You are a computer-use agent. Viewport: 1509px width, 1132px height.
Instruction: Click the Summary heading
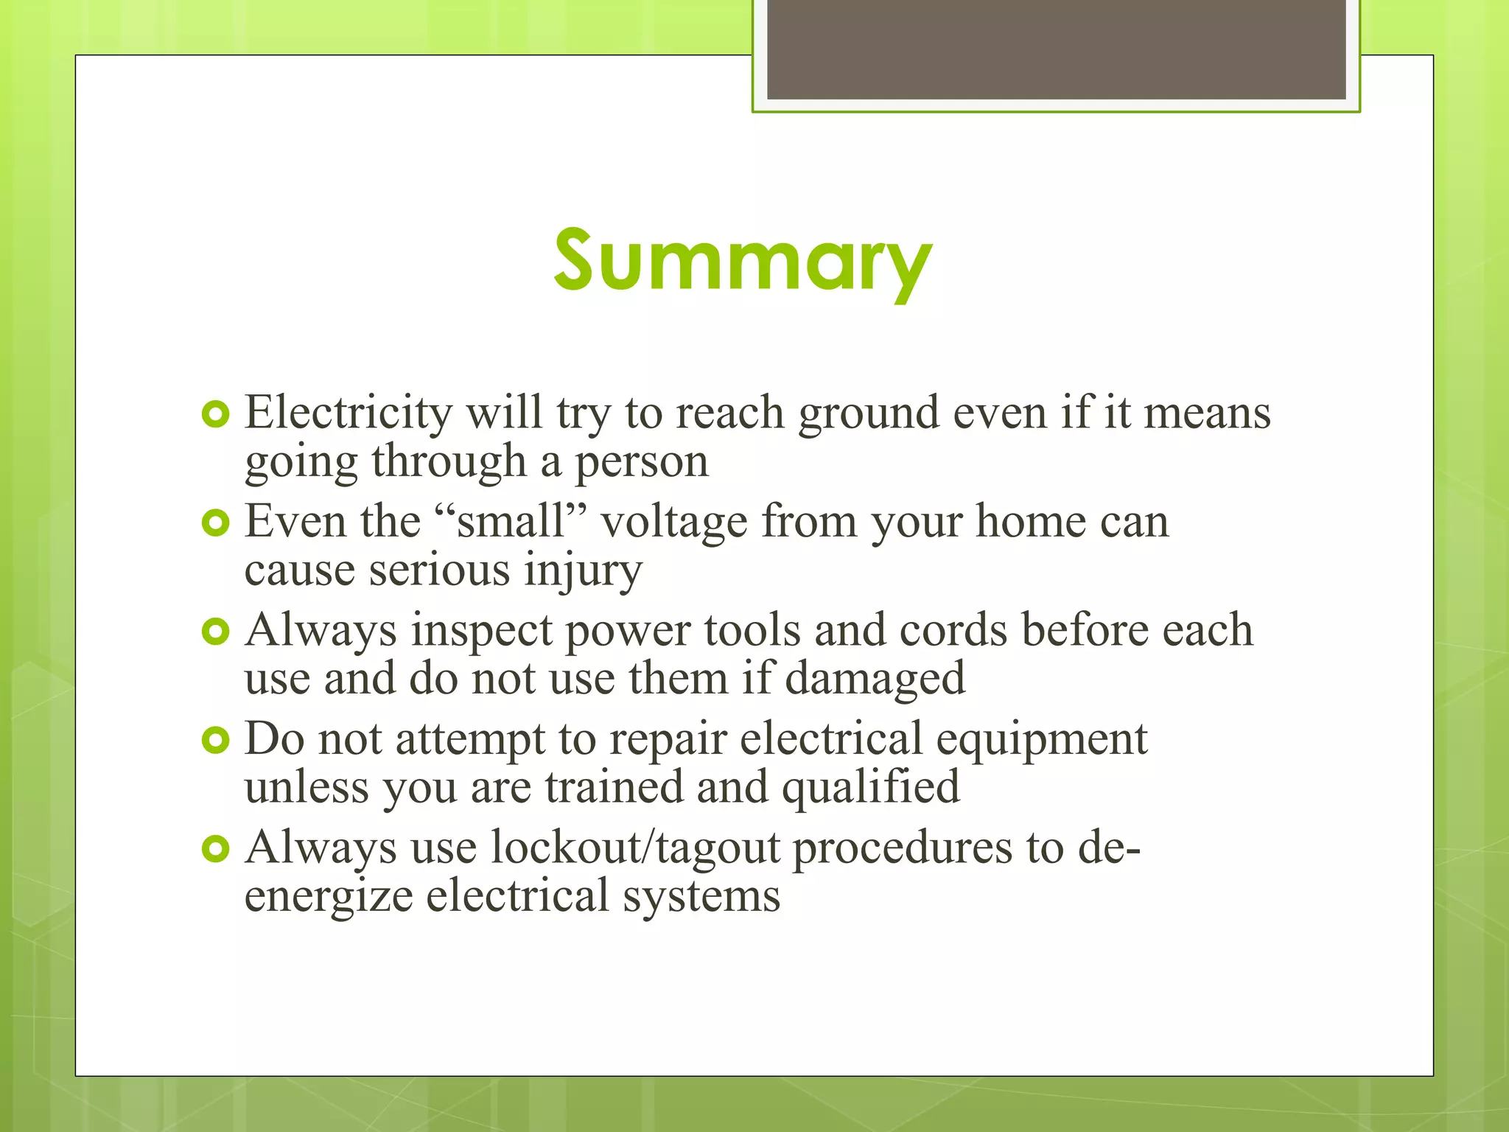(743, 262)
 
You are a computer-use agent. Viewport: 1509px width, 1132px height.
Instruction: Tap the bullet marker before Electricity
(215, 415)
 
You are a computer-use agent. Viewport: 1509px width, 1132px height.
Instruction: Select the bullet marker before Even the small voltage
(215, 524)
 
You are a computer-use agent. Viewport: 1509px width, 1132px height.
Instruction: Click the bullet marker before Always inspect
(215, 632)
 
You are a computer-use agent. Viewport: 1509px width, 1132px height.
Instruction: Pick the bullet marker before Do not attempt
(215, 741)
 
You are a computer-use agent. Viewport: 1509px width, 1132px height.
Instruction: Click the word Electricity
(349, 412)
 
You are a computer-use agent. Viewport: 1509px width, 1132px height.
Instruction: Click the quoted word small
(510, 521)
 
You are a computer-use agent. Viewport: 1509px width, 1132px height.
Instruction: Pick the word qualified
(870, 788)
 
